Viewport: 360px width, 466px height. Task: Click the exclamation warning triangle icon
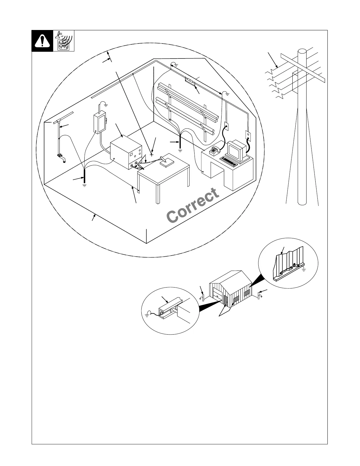tap(42, 41)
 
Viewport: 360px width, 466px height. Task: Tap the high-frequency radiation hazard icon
tap(64, 41)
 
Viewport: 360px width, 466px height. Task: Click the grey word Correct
tap(193, 206)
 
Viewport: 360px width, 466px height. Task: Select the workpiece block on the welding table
tap(166, 163)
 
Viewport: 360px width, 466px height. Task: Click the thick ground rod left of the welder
tap(84, 176)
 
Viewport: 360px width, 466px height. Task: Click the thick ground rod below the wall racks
tap(180, 140)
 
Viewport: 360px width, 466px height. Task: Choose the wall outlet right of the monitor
tap(247, 135)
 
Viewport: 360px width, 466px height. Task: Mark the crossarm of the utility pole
tap(303, 68)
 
